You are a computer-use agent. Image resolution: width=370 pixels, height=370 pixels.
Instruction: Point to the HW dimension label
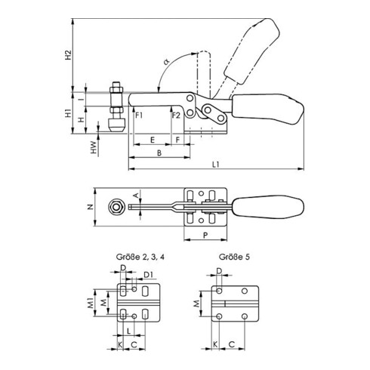coord(93,150)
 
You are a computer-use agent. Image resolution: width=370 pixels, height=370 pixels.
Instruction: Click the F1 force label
coord(139,115)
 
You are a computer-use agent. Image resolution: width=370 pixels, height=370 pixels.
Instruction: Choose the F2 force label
coord(175,115)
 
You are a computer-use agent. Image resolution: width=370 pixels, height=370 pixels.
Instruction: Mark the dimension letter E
coord(153,140)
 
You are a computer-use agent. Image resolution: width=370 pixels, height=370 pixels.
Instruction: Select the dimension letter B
coord(158,153)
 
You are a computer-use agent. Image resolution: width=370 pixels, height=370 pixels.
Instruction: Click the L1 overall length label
coord(216,163)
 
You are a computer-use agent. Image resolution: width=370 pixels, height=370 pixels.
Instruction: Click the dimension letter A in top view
coord(136,196)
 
